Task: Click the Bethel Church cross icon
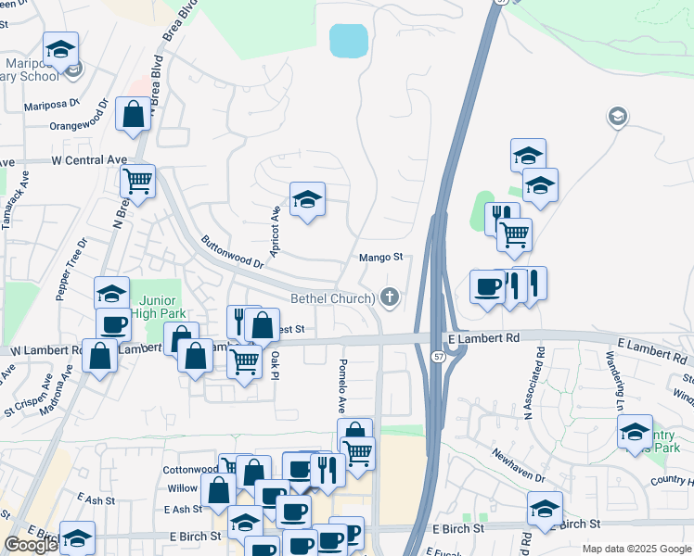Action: click(x=391, y=297)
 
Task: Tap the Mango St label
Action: click(x=380, y=257)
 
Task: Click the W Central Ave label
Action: click(x=89, y=159)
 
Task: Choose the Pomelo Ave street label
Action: click(x=342, y=385)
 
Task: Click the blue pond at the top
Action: click(x=349, y=41)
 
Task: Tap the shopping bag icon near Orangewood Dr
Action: click(x=134, y=115)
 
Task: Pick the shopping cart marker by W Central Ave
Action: click(x=137, y=181)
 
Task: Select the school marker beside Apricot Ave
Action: click(x=307, y=198)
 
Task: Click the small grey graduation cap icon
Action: click(x=616, y=116)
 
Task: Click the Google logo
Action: click(x=31, y=545)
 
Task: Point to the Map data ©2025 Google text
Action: click(x=636, y=549)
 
